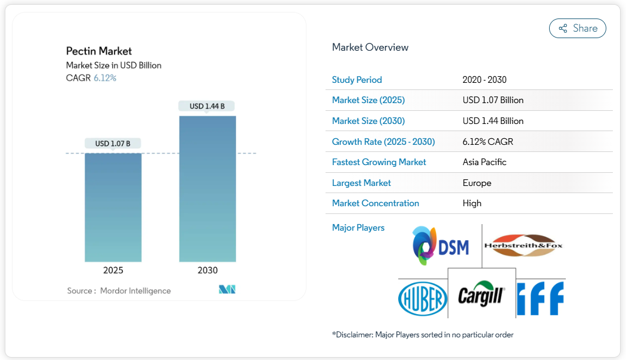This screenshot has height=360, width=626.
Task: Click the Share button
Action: (x=577, y=28)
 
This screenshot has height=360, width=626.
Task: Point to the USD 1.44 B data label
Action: (x=207, y=106)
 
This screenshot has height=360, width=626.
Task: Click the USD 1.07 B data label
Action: (x=113, y=143)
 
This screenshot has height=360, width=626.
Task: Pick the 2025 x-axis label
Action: (x=113, y=270)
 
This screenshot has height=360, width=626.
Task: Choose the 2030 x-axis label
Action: (x=207, y=270)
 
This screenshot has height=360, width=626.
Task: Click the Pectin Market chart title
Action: (x=99, y=51)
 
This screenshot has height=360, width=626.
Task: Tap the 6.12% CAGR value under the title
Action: (x=105, y=77)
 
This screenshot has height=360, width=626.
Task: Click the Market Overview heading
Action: (x=370, y=47)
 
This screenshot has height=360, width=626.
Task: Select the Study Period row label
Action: (x=357, y=80)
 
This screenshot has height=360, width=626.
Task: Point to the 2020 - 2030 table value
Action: (x=484, y=80)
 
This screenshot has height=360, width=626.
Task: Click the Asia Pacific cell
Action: (x=484, y=162)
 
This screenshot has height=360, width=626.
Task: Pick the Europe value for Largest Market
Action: (x=477, y=183)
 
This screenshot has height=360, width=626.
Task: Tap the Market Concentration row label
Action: (x=376, y=203)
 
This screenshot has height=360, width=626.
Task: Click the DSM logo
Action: (x=441, y=246)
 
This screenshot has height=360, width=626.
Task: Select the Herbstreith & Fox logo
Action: (x=523, y=245)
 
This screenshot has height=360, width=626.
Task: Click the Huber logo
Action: (x=422, y=298)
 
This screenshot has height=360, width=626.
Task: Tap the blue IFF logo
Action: (x=540, y=298)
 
